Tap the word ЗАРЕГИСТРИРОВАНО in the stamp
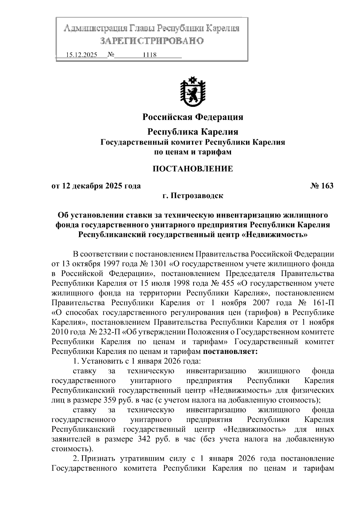(x=151, y=41)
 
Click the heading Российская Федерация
(x=193, y=117)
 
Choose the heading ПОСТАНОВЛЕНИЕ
(x=193, y=169)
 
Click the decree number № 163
(x=321, y=186)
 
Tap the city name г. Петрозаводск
(x=193, y=196)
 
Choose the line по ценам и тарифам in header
(x=193, y=152)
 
